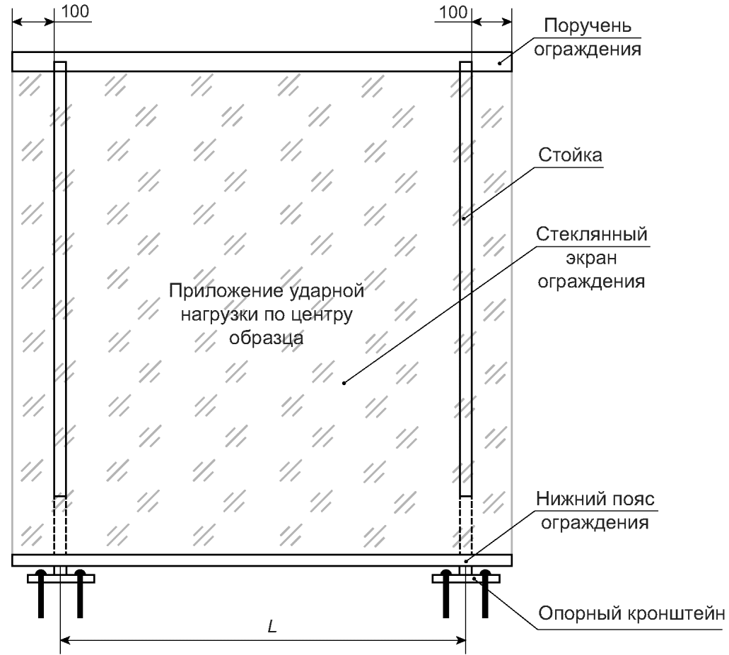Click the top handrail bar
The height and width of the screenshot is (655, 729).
tap(262, 61)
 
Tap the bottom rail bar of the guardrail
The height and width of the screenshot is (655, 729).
tap(262, 560)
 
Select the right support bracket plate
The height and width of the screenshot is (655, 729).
tap(466, 578)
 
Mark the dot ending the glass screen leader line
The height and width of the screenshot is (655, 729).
tap(344, 384)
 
